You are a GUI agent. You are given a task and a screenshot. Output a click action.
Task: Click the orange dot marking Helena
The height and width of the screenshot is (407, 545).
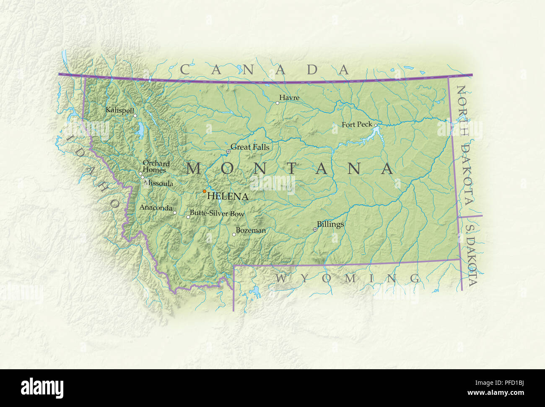click(205, 191)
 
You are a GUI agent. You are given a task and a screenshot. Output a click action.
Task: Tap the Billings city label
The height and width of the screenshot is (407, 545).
click(330, 224)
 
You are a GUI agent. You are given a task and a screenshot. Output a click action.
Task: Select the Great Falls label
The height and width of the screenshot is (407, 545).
click(250, 147)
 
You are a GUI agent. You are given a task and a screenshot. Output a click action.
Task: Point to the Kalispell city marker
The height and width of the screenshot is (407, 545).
click(135, 115)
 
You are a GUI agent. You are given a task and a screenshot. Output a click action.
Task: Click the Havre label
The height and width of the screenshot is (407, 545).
click(289, 98)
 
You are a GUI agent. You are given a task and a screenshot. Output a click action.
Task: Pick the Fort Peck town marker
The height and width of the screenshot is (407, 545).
click(376, 125)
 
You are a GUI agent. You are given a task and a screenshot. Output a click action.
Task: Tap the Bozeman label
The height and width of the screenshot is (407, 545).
click(251, 230)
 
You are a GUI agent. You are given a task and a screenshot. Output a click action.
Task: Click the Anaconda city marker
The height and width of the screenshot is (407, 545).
click(175, 213)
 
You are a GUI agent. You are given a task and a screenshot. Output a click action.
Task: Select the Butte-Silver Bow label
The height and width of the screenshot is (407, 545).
click(217, 214)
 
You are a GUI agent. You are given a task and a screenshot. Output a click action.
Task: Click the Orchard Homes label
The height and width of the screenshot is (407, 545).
click(156, 167)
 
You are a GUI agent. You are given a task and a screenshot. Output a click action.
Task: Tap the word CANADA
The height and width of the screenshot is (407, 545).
click(265, 69)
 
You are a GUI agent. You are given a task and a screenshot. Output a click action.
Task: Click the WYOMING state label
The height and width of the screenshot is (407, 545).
click(348, 278)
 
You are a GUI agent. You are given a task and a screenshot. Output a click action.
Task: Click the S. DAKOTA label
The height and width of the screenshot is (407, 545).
click(471, 256)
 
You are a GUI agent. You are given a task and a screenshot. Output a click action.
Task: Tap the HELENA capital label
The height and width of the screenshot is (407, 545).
click(228, 196)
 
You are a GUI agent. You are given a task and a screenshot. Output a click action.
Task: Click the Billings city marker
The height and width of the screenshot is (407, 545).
click(315, 230)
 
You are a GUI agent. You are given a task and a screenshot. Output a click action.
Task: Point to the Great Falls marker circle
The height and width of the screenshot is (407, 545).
click(228, 151)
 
